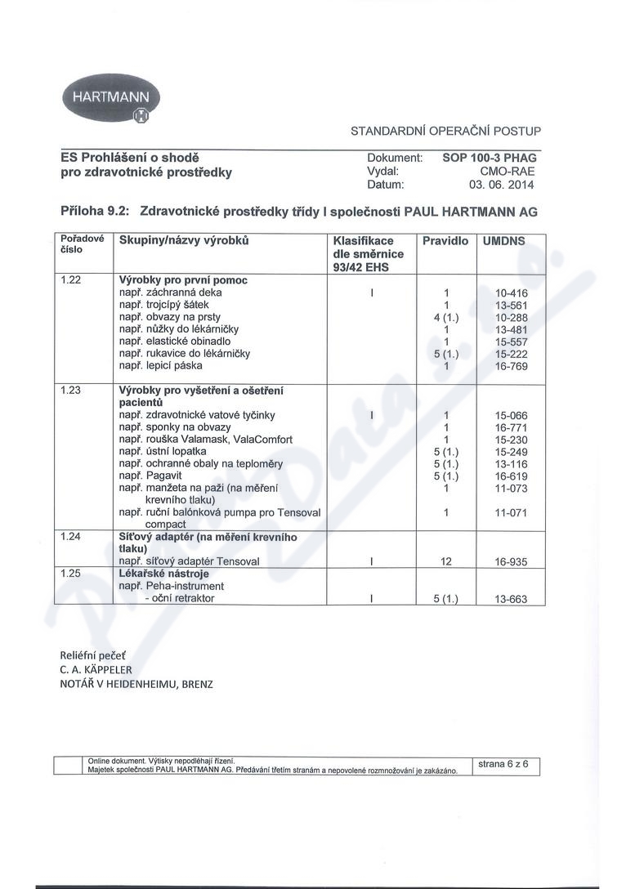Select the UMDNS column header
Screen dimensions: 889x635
click(x=503, y=241)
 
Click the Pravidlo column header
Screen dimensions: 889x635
click(x=445, y=241)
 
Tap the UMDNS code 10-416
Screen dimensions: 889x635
click(x=512, y=292)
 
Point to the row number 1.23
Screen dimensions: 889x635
click(x=72, y=391)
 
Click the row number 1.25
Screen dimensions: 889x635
click(x=72, y=574)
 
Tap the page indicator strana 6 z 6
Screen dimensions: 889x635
click(x=503, y=764)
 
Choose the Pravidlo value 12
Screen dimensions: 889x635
click(x=446, y=561)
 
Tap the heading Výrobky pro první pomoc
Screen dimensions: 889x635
click(x=183, y=279)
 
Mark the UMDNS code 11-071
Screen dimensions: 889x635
click(x=512, y=512)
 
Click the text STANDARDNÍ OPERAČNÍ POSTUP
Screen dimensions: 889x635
click(x=445, y=131)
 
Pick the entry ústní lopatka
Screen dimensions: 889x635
click(x=175, y=451)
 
